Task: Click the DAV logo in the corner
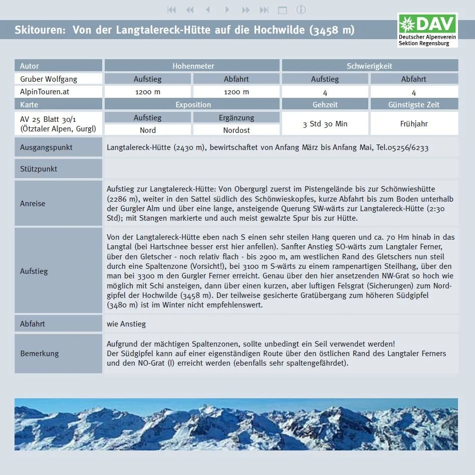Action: tap(427, 30)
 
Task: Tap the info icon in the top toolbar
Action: tap(301, 10)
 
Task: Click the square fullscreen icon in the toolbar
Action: tap(283, 10)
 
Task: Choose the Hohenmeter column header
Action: tap(193, 66)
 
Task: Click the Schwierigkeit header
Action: tap(369, 66)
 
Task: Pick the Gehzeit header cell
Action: tap(325, 104)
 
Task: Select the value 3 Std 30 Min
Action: tap(325, 124)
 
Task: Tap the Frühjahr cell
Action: tap(414, 123)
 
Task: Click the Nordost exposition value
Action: tap(236, 130)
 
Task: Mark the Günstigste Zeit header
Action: tap(414, 104)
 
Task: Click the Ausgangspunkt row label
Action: tap(46, 147)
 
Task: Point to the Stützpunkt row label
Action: tap(39, 169)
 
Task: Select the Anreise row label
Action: tap(33, 203)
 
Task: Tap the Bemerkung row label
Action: tap(39, 353)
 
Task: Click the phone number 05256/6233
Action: tap(406, 148)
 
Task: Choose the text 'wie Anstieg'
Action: tap(126, 324)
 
